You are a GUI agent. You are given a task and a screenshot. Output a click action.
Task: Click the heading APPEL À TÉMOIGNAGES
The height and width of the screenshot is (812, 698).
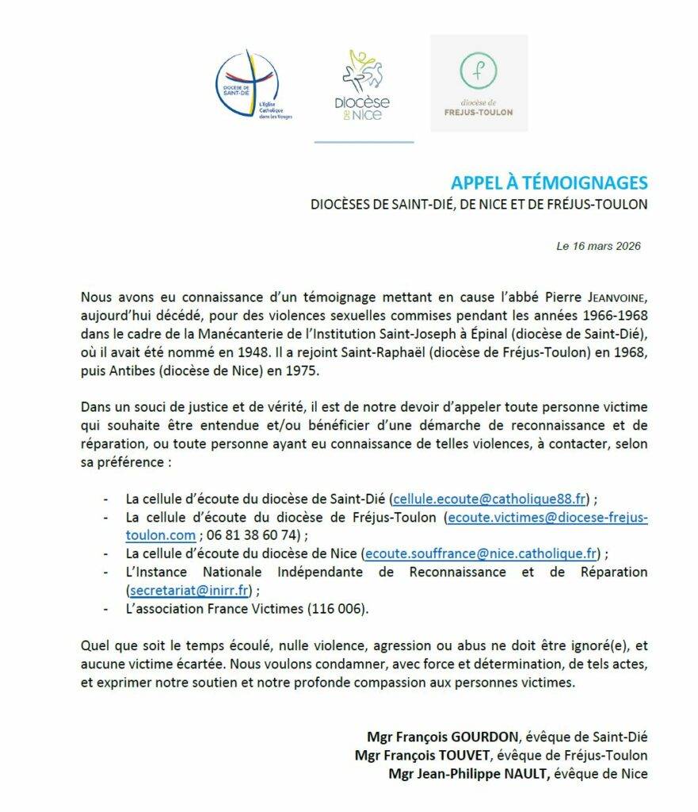[549, 183]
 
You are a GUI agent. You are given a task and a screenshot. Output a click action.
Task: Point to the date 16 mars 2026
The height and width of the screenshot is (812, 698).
[605, 246]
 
